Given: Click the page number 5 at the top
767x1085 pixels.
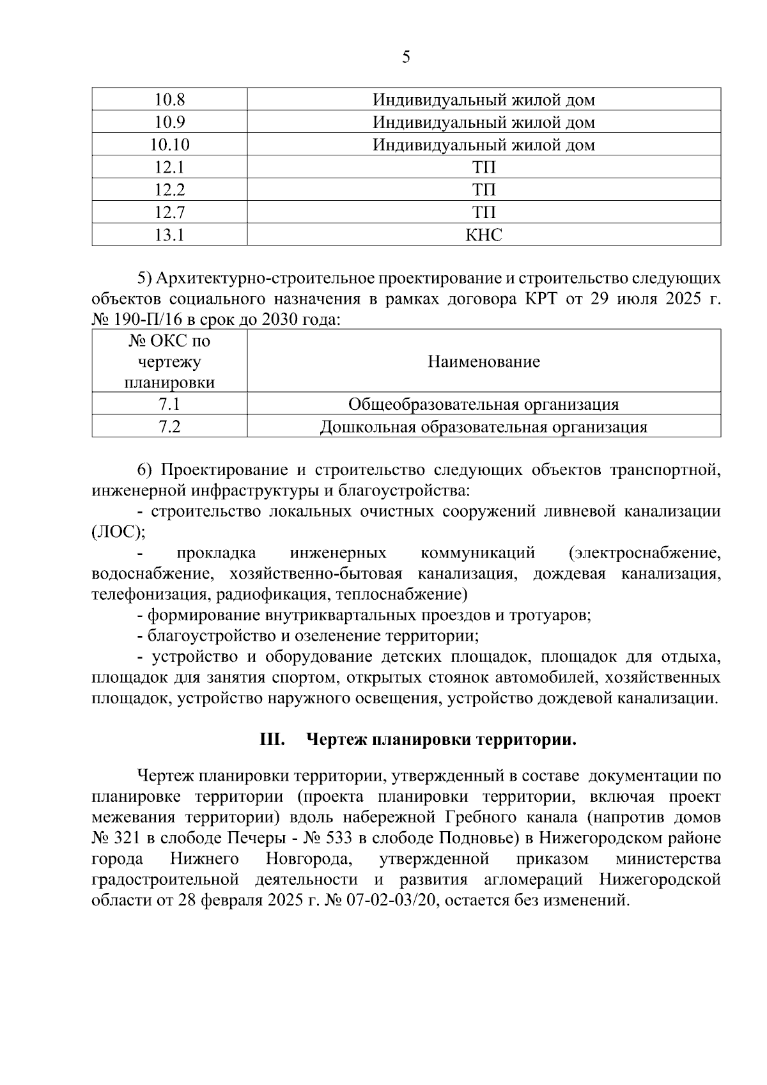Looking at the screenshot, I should (406, 58).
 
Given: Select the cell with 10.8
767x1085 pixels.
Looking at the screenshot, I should (169, 100).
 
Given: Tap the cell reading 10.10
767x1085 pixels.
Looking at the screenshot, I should (169, 145).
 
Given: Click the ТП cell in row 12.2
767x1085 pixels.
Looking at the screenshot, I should (484, 190).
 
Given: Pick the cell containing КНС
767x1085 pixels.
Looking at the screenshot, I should (484, 235).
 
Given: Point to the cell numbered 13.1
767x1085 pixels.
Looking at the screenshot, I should (169, 235).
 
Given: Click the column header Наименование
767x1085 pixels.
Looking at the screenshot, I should (484, 362).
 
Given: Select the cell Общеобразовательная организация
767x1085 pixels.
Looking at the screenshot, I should (484, 405).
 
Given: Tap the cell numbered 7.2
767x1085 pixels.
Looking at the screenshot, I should (169, 427).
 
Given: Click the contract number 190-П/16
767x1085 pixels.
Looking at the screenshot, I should (148, 320).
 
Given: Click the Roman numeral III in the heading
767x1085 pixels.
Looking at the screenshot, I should (272, 740).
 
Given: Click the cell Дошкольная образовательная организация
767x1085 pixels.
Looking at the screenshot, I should (484, 427).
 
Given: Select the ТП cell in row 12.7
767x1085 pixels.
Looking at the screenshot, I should (484, 212).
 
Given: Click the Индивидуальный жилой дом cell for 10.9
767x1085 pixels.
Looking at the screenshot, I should (484, 122).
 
